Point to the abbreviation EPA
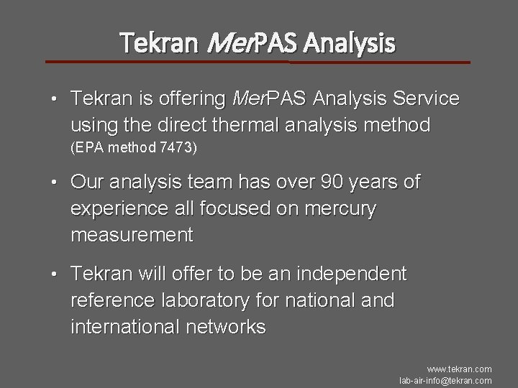[88, 149]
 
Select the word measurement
[132, 235]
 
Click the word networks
[224, 327]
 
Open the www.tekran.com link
[459, 369]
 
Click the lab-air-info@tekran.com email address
[445, 380]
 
